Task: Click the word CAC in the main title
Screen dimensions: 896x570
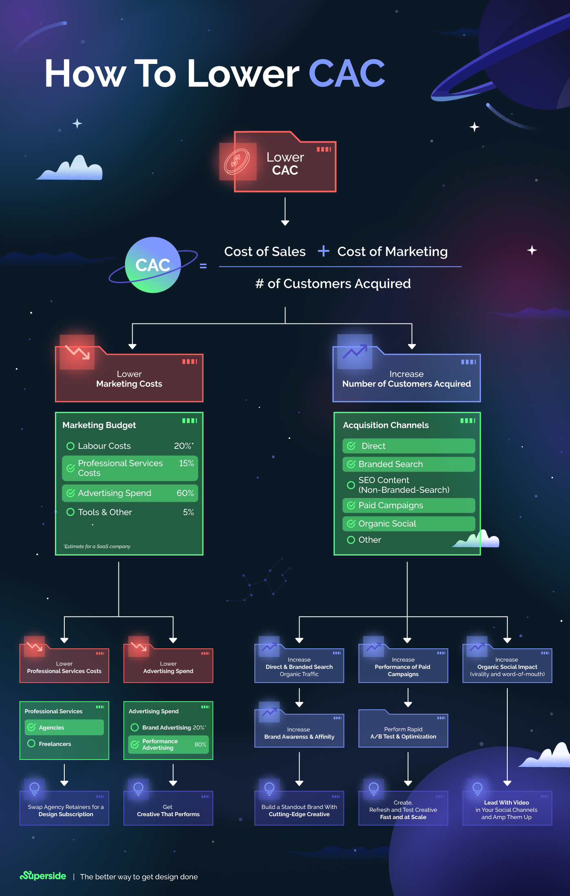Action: [346, 74]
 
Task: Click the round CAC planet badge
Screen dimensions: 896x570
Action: [153, 265]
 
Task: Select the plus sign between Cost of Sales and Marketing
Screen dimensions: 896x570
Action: [323, 251]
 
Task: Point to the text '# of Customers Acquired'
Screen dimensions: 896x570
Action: [333, 283]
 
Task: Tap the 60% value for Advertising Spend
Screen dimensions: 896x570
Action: [185, 493]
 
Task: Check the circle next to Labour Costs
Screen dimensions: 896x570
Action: [70, 446]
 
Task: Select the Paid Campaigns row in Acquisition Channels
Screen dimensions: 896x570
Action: [408, 505]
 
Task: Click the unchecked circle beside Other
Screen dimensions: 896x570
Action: [351, 540]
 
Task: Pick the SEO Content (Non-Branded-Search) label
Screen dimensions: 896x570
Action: [403, 485]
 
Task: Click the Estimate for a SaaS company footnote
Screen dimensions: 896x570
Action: [97, 547]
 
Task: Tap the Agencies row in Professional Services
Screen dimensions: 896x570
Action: [64, 727]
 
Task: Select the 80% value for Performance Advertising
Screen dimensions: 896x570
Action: [200, 744]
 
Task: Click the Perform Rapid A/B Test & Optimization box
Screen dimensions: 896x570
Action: [403, 733]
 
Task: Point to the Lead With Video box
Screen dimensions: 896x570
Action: [507, 809]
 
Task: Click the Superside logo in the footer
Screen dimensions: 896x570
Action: [43, 876]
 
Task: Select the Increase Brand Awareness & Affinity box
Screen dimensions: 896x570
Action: [299, 733]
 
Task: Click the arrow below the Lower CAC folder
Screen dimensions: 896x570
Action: [285, 212]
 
